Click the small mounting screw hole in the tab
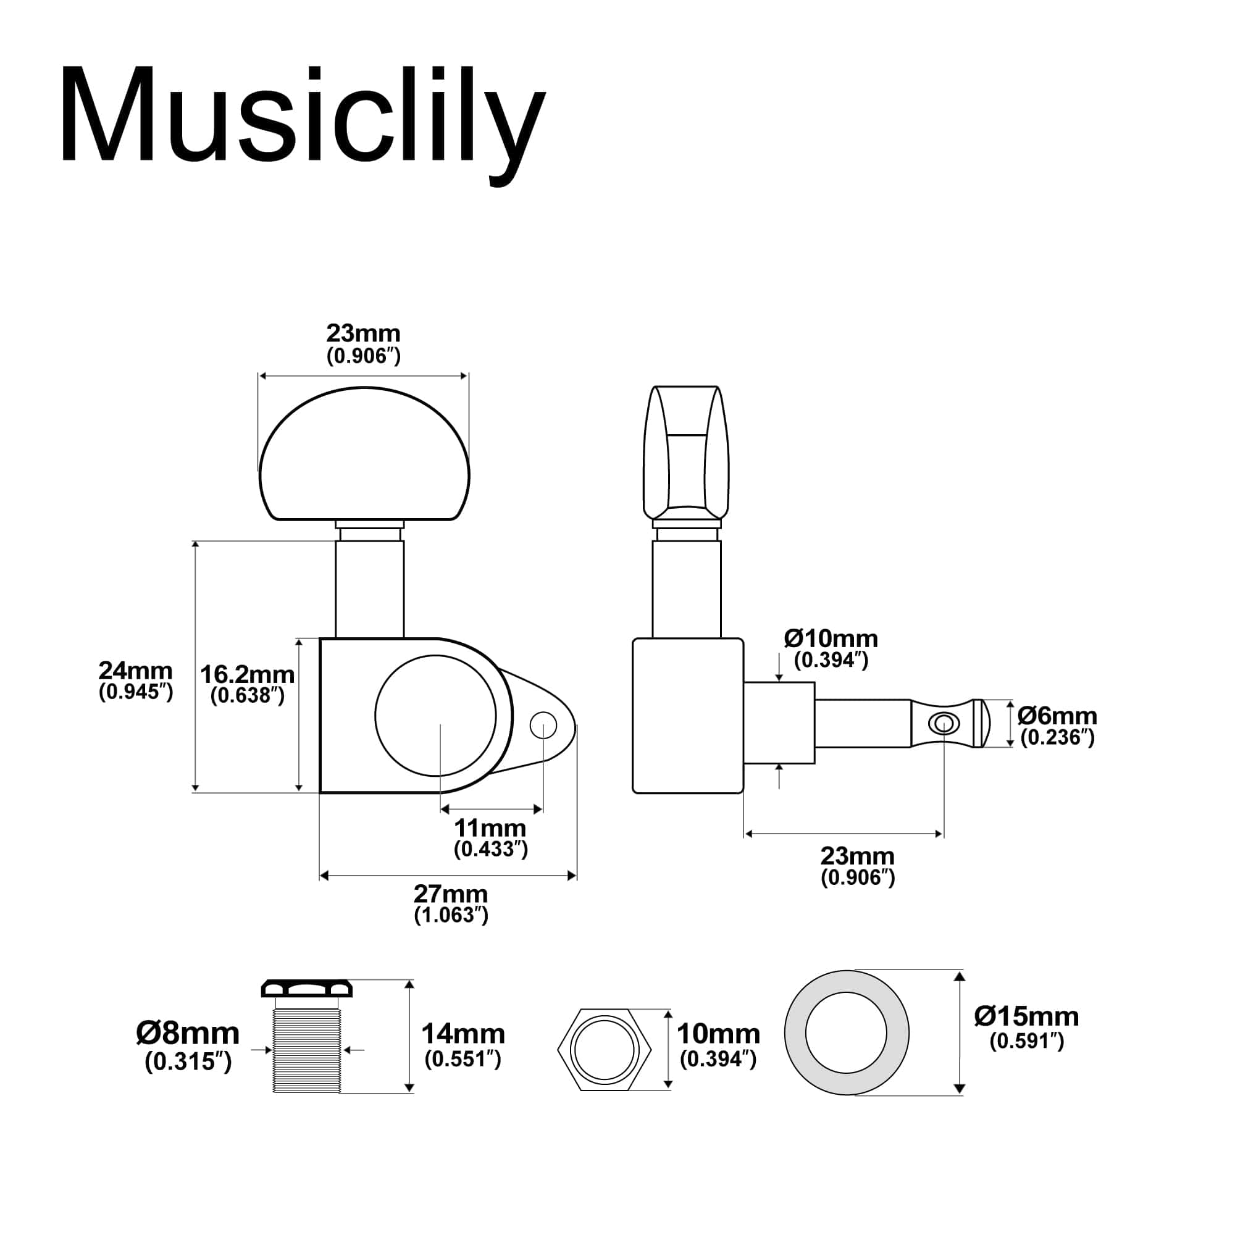point(543,725)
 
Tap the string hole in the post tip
point(943,724)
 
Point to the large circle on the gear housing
point(435,715)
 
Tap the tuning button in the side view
point(687,454)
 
